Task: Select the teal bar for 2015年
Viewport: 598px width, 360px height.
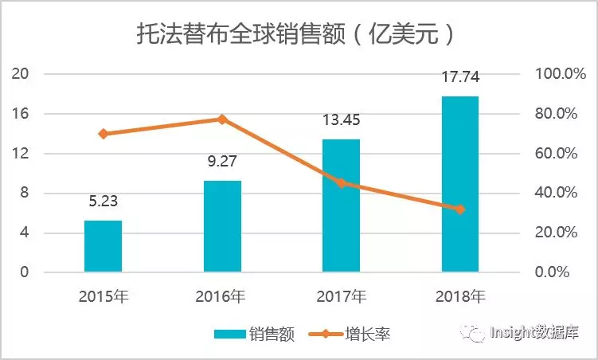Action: click(104, 246)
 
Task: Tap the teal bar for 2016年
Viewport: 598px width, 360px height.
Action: click(222, 226)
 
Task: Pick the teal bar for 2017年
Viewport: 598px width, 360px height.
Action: click(341, 205)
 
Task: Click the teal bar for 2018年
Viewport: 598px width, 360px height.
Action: click(459, 184)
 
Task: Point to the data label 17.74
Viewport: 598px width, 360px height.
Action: click(459, 78)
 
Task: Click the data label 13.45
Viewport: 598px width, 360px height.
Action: click(341, 121)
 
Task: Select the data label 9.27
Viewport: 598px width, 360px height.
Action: click(222, 162)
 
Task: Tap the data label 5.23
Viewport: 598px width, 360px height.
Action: click(104, 202)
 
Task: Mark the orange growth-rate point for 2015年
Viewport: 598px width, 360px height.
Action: click(104, 134)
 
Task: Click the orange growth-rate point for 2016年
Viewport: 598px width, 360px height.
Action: click(222, 119)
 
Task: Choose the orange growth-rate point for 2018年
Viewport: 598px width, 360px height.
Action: click(459, 209)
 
